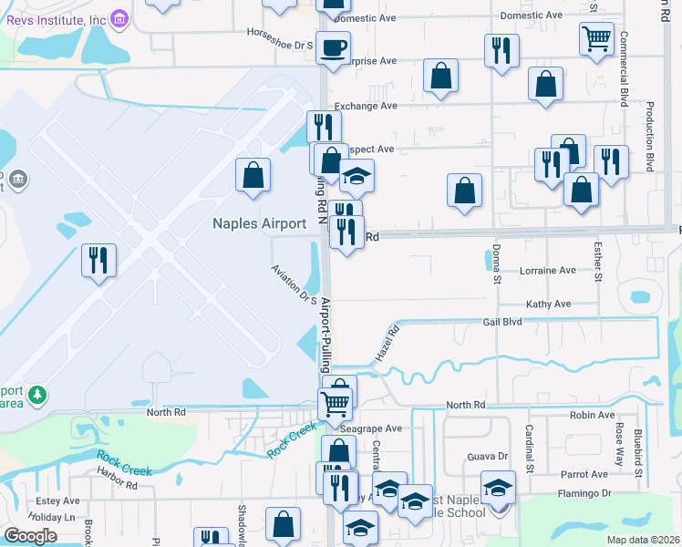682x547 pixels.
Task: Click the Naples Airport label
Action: [259, 223]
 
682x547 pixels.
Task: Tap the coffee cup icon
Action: [333, 46]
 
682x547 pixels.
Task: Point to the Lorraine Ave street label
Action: [547, 271]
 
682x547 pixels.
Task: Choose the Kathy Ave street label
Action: [548, 304]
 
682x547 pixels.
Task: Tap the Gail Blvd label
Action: [501, 323]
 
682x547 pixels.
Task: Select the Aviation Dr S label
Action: [294, 284]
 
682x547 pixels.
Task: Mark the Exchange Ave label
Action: [364, 107]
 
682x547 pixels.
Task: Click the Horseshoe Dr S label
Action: [280, 32]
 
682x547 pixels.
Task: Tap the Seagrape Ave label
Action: [370, 428]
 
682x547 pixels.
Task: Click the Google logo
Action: [30, 536]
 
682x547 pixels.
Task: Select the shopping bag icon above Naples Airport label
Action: [253, 175]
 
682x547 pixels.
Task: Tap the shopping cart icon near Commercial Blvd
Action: [596, 38]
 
